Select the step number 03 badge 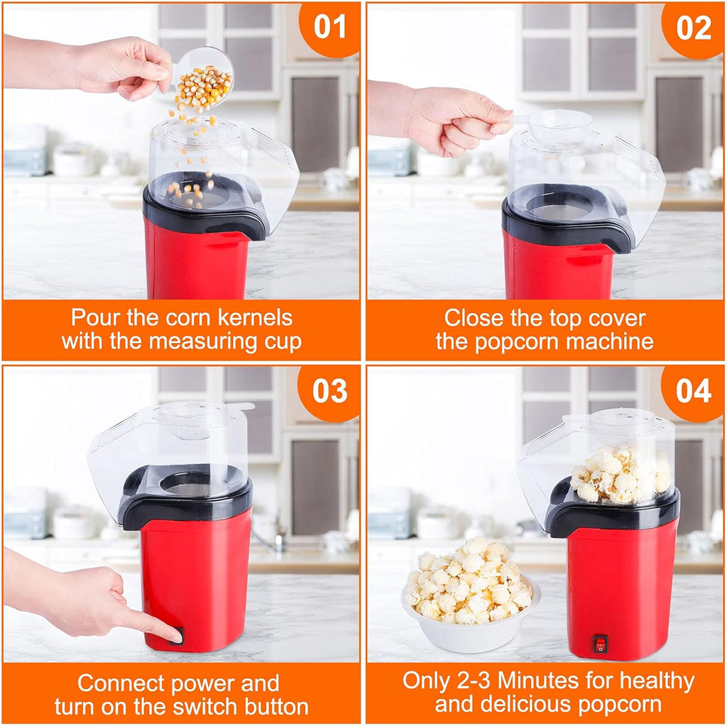click(330, 391)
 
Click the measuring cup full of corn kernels click(204, 79)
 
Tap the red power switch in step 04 click(601, 644)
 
